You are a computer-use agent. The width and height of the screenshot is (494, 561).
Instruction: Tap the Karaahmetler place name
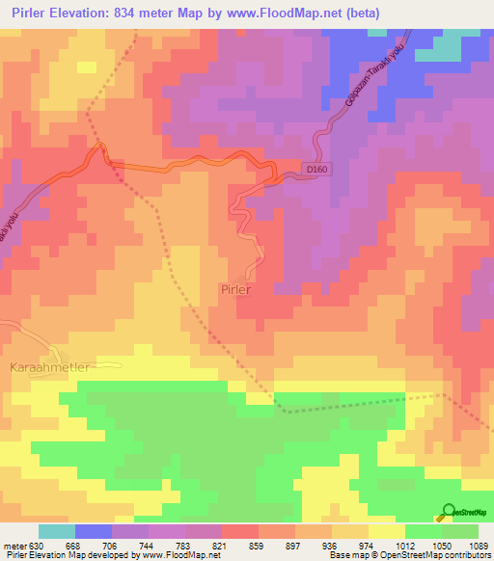(49, 367)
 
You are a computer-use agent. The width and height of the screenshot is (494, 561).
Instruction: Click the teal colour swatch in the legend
(57, 531)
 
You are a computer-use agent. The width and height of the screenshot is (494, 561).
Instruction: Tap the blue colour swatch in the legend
(94, 531)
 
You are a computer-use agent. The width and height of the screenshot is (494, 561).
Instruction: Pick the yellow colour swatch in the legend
(387, 531)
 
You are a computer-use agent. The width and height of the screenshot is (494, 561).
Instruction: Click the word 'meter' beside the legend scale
(12, 545)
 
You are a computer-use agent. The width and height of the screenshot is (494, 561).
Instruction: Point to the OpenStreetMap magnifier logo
(449, 512)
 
